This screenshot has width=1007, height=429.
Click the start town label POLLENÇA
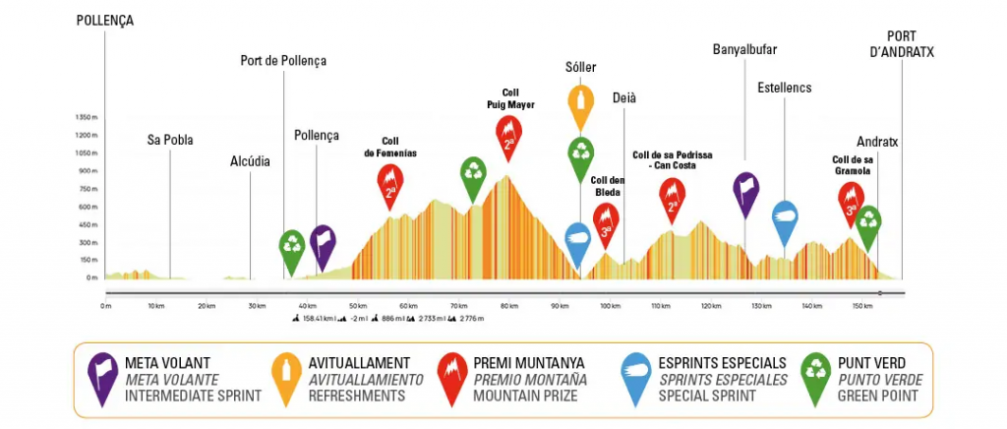click(105, 20)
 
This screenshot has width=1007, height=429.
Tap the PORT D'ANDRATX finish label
click(902, 44)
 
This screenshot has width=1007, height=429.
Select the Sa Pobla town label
click(170, 140)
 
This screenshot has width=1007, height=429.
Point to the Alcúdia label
click(250, 161)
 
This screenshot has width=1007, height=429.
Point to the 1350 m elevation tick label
click(89, 117)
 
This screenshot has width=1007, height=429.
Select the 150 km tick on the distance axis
click(862, 306)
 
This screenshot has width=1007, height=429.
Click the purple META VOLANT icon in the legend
click(101, 378)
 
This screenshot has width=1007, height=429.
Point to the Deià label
click(624, 97)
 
